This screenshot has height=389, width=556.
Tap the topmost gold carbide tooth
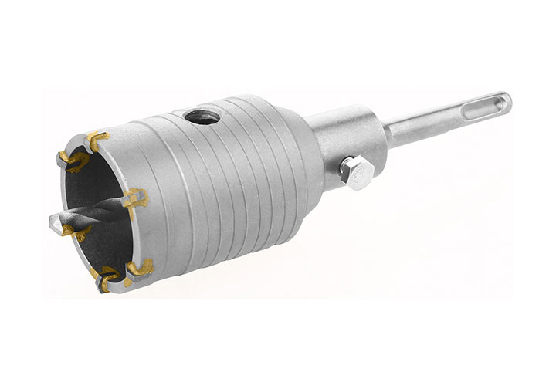[97, 139]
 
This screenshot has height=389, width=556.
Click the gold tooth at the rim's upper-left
[71, 160]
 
